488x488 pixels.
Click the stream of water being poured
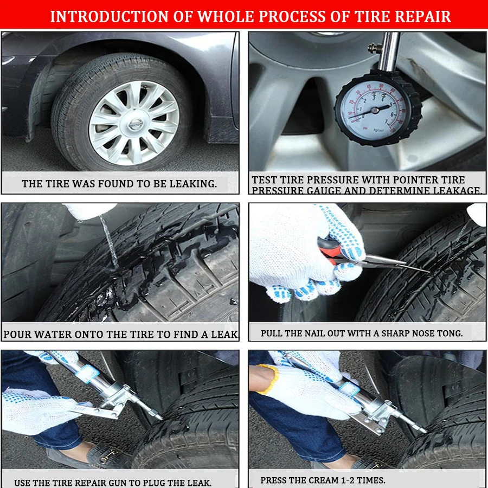109,241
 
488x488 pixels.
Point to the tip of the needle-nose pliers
428,272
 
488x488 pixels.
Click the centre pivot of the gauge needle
375,110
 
